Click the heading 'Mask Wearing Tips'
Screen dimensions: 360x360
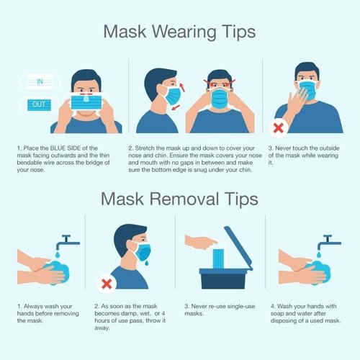click(179, 32)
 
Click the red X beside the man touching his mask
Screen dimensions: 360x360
click(277, 128)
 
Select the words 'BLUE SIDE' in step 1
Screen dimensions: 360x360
click(69, 149)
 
